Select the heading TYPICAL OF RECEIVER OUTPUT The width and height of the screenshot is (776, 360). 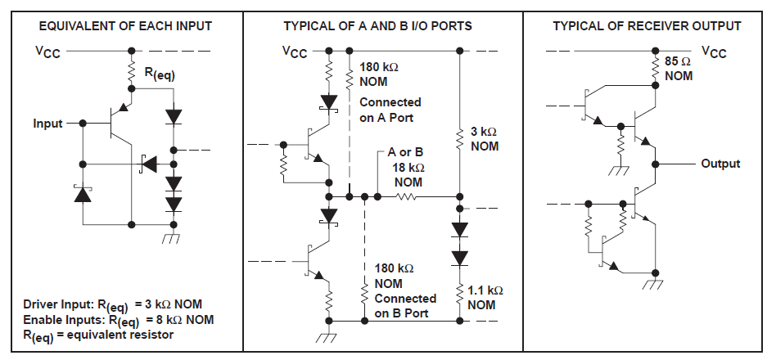[x=647, y=26]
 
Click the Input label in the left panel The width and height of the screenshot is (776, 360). [x=47, y=123]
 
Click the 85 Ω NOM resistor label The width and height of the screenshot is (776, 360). [x=679, y=69]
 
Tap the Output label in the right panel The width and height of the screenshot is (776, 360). [x=720, y=164]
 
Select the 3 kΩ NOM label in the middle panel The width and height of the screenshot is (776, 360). [x=484, y=138]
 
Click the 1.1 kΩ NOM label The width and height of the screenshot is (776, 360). [x=485, y=297]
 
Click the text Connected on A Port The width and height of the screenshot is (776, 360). [x=390, y=110]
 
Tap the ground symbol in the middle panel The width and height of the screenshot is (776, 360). [x=329, y=336]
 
